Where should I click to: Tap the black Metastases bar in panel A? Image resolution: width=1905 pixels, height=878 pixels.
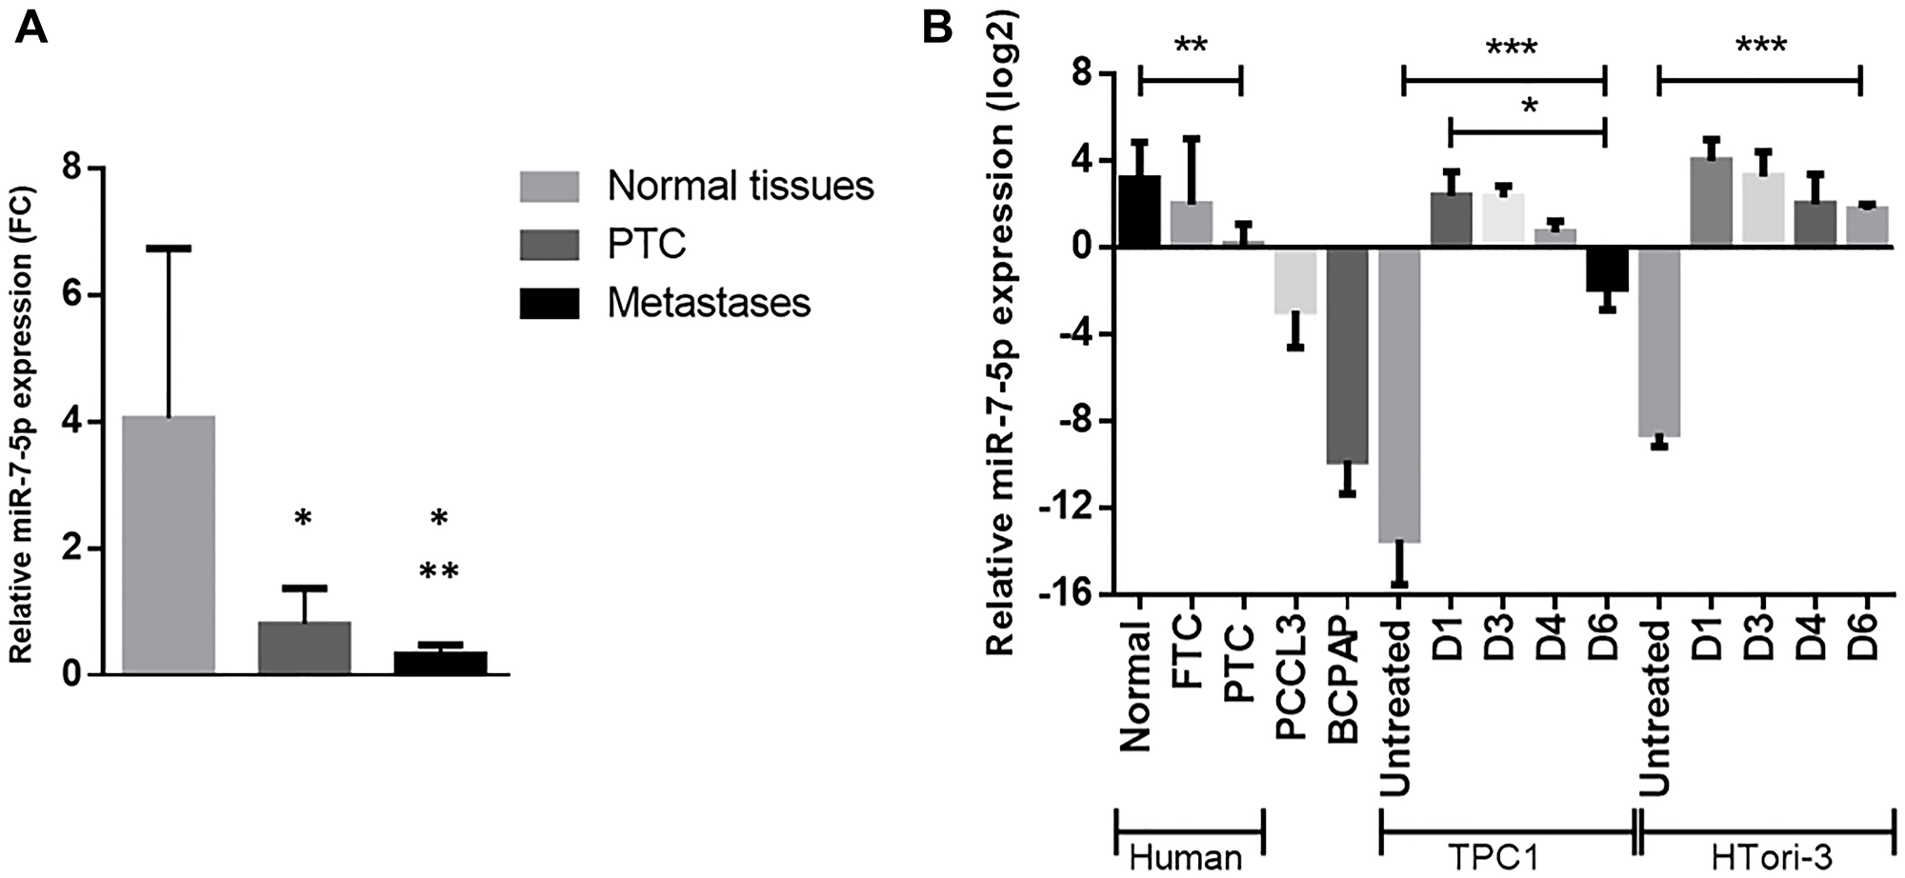(x=440, y=663)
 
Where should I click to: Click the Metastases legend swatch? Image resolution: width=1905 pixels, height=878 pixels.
(x=549, y=303)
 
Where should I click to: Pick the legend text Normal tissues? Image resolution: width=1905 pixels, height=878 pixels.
(x=740, y=186)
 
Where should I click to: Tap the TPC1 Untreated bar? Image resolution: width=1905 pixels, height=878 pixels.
(x=1399, y=394)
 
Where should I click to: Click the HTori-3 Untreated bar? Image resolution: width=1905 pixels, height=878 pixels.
(x=1658, y=342)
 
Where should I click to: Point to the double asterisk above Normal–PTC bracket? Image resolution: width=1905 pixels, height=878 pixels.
(x=1190, y=45)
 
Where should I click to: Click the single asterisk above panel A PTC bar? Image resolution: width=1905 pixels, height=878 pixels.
(x=303, y=519)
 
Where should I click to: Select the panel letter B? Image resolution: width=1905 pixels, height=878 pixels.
(x=937, y=28)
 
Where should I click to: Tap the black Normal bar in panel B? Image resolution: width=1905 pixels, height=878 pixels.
(x=1138, y=211)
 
